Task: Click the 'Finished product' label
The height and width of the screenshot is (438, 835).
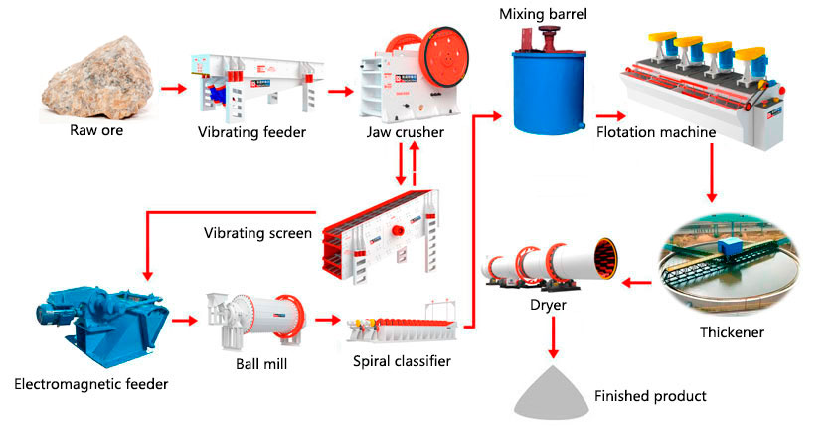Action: point(650,396)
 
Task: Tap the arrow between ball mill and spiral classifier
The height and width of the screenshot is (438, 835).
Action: point(326,321)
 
